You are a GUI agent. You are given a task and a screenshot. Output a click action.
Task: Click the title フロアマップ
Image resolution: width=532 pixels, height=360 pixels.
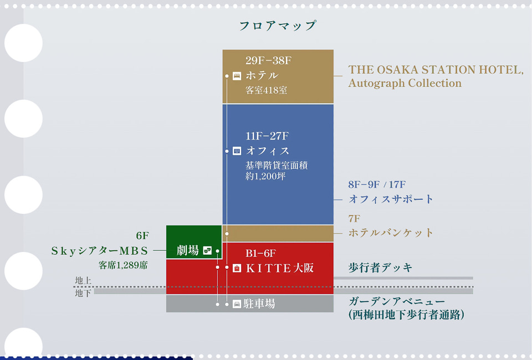point(277,25)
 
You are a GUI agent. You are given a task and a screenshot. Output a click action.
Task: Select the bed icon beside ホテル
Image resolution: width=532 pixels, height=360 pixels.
point(237,76)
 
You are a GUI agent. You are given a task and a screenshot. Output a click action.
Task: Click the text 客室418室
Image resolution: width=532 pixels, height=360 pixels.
point(266,90)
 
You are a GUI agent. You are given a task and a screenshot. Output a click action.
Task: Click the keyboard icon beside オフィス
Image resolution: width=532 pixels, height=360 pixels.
point(237,151)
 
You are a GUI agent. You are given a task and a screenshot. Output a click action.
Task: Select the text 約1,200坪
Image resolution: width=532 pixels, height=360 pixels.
point(265,177)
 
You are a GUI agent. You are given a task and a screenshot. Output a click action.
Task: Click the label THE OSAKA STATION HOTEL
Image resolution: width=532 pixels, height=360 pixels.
point(436,70)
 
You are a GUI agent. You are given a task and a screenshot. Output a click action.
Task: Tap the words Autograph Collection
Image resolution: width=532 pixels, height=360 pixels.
point(405,84)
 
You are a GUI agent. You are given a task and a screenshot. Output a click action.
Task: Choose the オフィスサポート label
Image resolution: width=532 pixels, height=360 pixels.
point(391,199)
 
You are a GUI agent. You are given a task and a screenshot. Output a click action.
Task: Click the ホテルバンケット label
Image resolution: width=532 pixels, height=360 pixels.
point(391,233)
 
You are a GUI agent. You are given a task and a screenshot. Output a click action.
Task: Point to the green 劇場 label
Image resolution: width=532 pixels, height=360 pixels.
point(187,250)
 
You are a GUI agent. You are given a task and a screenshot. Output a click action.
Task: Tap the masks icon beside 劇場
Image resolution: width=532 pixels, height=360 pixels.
point(207,250)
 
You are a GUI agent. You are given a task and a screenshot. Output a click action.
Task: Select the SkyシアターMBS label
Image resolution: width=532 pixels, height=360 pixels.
point(100,251)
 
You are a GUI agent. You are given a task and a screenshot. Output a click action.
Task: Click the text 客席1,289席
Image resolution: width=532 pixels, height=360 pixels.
point(123,265)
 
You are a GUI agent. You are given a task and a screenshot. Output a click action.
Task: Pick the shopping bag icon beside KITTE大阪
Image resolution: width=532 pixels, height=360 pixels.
point(237,268)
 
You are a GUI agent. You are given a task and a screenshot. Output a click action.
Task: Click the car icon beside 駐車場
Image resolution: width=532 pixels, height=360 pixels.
point(237,304)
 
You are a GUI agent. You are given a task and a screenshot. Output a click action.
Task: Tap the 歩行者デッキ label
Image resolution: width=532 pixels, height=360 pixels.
point(380,268)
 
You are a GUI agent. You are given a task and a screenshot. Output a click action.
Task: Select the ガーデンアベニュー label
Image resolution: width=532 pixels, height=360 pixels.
point(396,302)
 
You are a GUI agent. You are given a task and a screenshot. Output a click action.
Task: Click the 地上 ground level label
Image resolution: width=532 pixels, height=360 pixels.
point(83,281)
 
